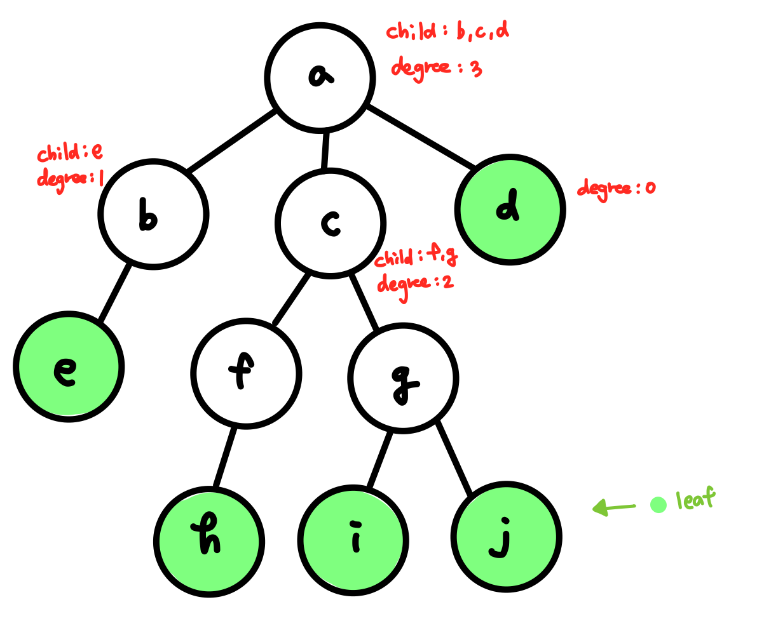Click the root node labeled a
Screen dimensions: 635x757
pyautogui.click(x=320, y=78)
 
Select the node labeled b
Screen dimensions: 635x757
pyautogui.click(x=153, y=214)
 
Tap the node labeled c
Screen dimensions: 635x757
pyautogui.click(x=330, y=224)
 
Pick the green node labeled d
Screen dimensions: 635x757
pyautogui.click(x=510, y=210)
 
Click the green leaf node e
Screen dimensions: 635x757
pyautogui.click(x=69, y=366)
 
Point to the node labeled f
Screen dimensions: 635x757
pyautogui.click(x=246, y=373)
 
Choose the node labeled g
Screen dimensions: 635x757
pyautogui.click(x=403, y=378)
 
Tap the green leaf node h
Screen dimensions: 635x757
pyautogui.click(x=209, y=542)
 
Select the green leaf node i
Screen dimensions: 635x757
pyautogui.click(x=353, y=541)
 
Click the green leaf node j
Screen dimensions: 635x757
pyautogui.click(x=507, y=537)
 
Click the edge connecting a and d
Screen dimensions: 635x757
pyautogui.click(x=421, y=137)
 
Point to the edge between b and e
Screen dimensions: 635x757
pyautogui.click(x=116, y=293)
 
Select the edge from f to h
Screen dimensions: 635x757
pyautogui.click(x=226, y=458)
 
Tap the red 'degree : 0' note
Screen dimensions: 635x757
pyautogui.click(x=615, y=188)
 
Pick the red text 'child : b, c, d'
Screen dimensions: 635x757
pyautogui.click(x=447, y=31)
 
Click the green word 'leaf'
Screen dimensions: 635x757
pyautogui.click(x=695, y=500)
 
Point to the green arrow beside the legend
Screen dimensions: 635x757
pyautogui.click(x=613, y=507)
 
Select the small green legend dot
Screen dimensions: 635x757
pyautogui.click(x=658, y=505)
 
